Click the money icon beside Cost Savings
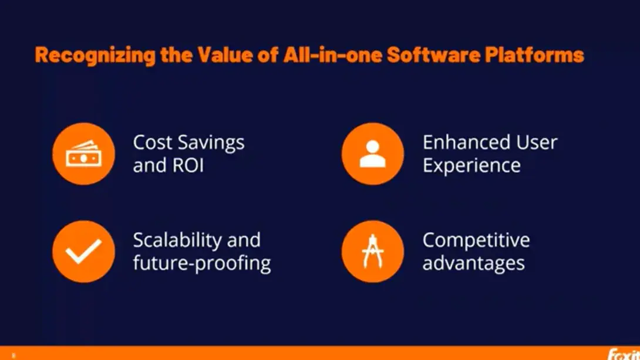coord(84,154)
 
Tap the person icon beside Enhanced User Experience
coord(373,154)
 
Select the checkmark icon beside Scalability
coord(84,251)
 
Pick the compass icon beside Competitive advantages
coord(373,251)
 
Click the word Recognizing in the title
coord(95,55)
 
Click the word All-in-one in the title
coord(332,54)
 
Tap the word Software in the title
coord(433,54)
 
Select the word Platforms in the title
coord(534,54)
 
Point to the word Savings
coord(211,143)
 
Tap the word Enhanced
coord(466,143)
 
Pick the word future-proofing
coord(202,263)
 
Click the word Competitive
coord(476,240)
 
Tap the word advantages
coord(473,264)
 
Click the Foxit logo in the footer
coord(624,354)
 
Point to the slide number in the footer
coord(14,355)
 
